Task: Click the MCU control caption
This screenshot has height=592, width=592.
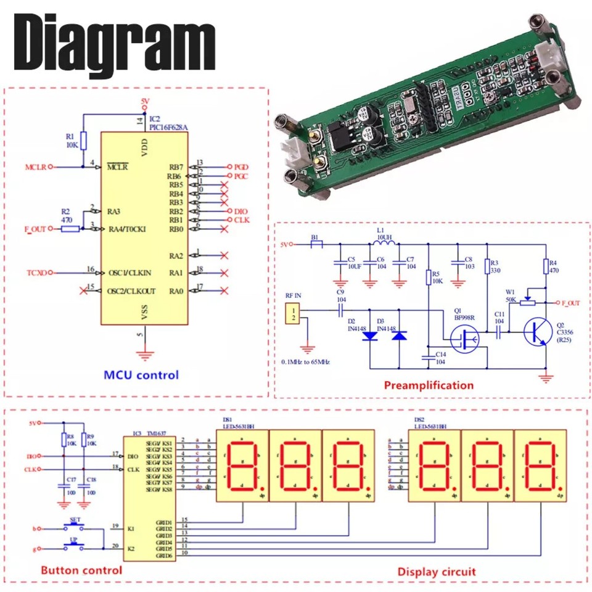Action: click(141, 374)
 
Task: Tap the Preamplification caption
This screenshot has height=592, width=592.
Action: click(429, 385)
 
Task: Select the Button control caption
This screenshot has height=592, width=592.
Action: click(81, 570)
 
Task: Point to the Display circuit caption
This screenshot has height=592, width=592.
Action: click(437, 572)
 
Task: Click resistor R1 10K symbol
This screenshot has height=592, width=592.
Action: click(83, 141)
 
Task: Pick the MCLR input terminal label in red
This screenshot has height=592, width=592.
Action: click(35, 166)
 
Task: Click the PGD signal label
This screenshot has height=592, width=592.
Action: click(240, 167)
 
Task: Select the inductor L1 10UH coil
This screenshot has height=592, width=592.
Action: click(384, 244)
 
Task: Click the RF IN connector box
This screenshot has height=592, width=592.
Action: click(295, 313)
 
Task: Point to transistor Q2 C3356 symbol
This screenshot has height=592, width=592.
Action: click(534, 333)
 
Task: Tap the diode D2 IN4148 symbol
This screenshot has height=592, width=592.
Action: click(369, 337)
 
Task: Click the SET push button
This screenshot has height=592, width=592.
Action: click(76, 528)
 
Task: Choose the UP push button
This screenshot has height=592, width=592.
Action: click(76, 546)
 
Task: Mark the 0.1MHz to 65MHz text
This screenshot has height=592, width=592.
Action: click(305, 362)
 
